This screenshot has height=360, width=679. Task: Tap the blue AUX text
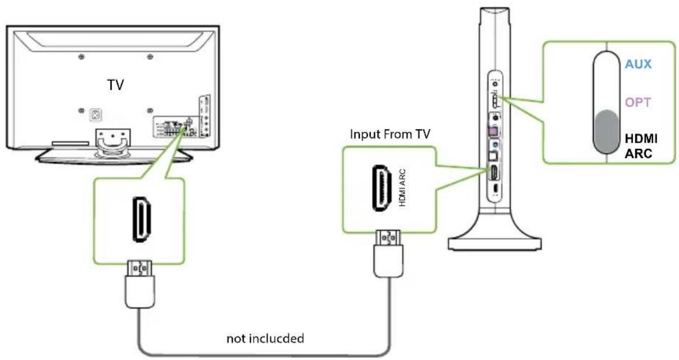pos(638,64)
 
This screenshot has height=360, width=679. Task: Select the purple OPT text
pos(638,102)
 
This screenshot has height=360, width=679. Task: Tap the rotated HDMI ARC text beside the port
pos(403,188)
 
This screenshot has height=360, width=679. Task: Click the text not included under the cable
pos(266,338)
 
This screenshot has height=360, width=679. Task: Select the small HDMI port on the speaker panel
pos(494,173)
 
